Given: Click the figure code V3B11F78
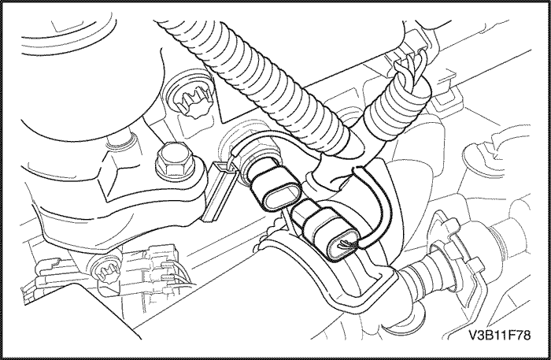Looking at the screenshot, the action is (x=499, y=335).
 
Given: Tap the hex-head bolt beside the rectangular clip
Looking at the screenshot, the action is (x=171, y=160).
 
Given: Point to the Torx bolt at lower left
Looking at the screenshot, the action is (x=105, y=270).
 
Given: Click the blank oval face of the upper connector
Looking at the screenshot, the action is (x=280, y=199).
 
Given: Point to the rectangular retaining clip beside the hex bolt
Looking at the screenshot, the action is (x=219, y=191).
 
